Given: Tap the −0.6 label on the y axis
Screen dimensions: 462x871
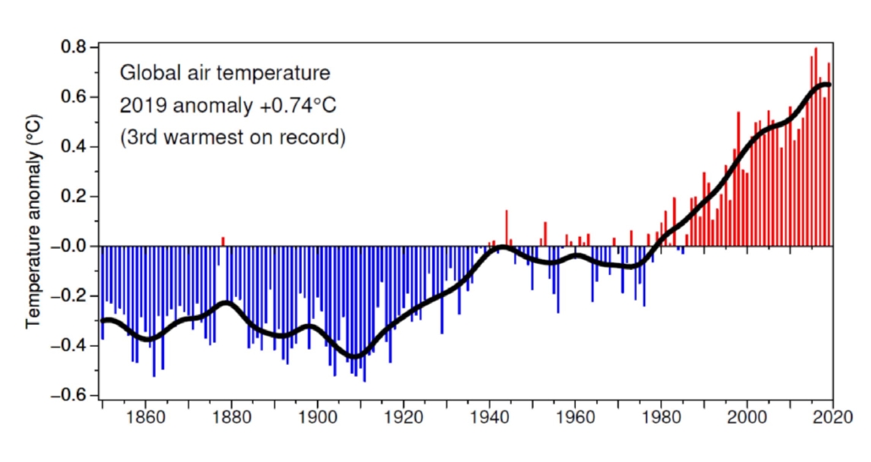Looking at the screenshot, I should click(72, 395).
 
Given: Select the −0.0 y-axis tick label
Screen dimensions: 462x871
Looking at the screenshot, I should click(72, 246).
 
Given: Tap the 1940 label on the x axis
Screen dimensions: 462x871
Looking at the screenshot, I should click(490, 417).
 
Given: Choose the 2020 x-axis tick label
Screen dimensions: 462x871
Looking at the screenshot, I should click(832, 417).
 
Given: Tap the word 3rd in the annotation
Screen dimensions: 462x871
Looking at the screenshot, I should click(144, 137).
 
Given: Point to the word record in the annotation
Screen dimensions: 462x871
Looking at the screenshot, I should click(318, 137).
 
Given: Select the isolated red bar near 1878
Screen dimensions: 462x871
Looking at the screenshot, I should click(223, 241).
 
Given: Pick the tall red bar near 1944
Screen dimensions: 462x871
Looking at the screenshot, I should click(507, 228).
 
